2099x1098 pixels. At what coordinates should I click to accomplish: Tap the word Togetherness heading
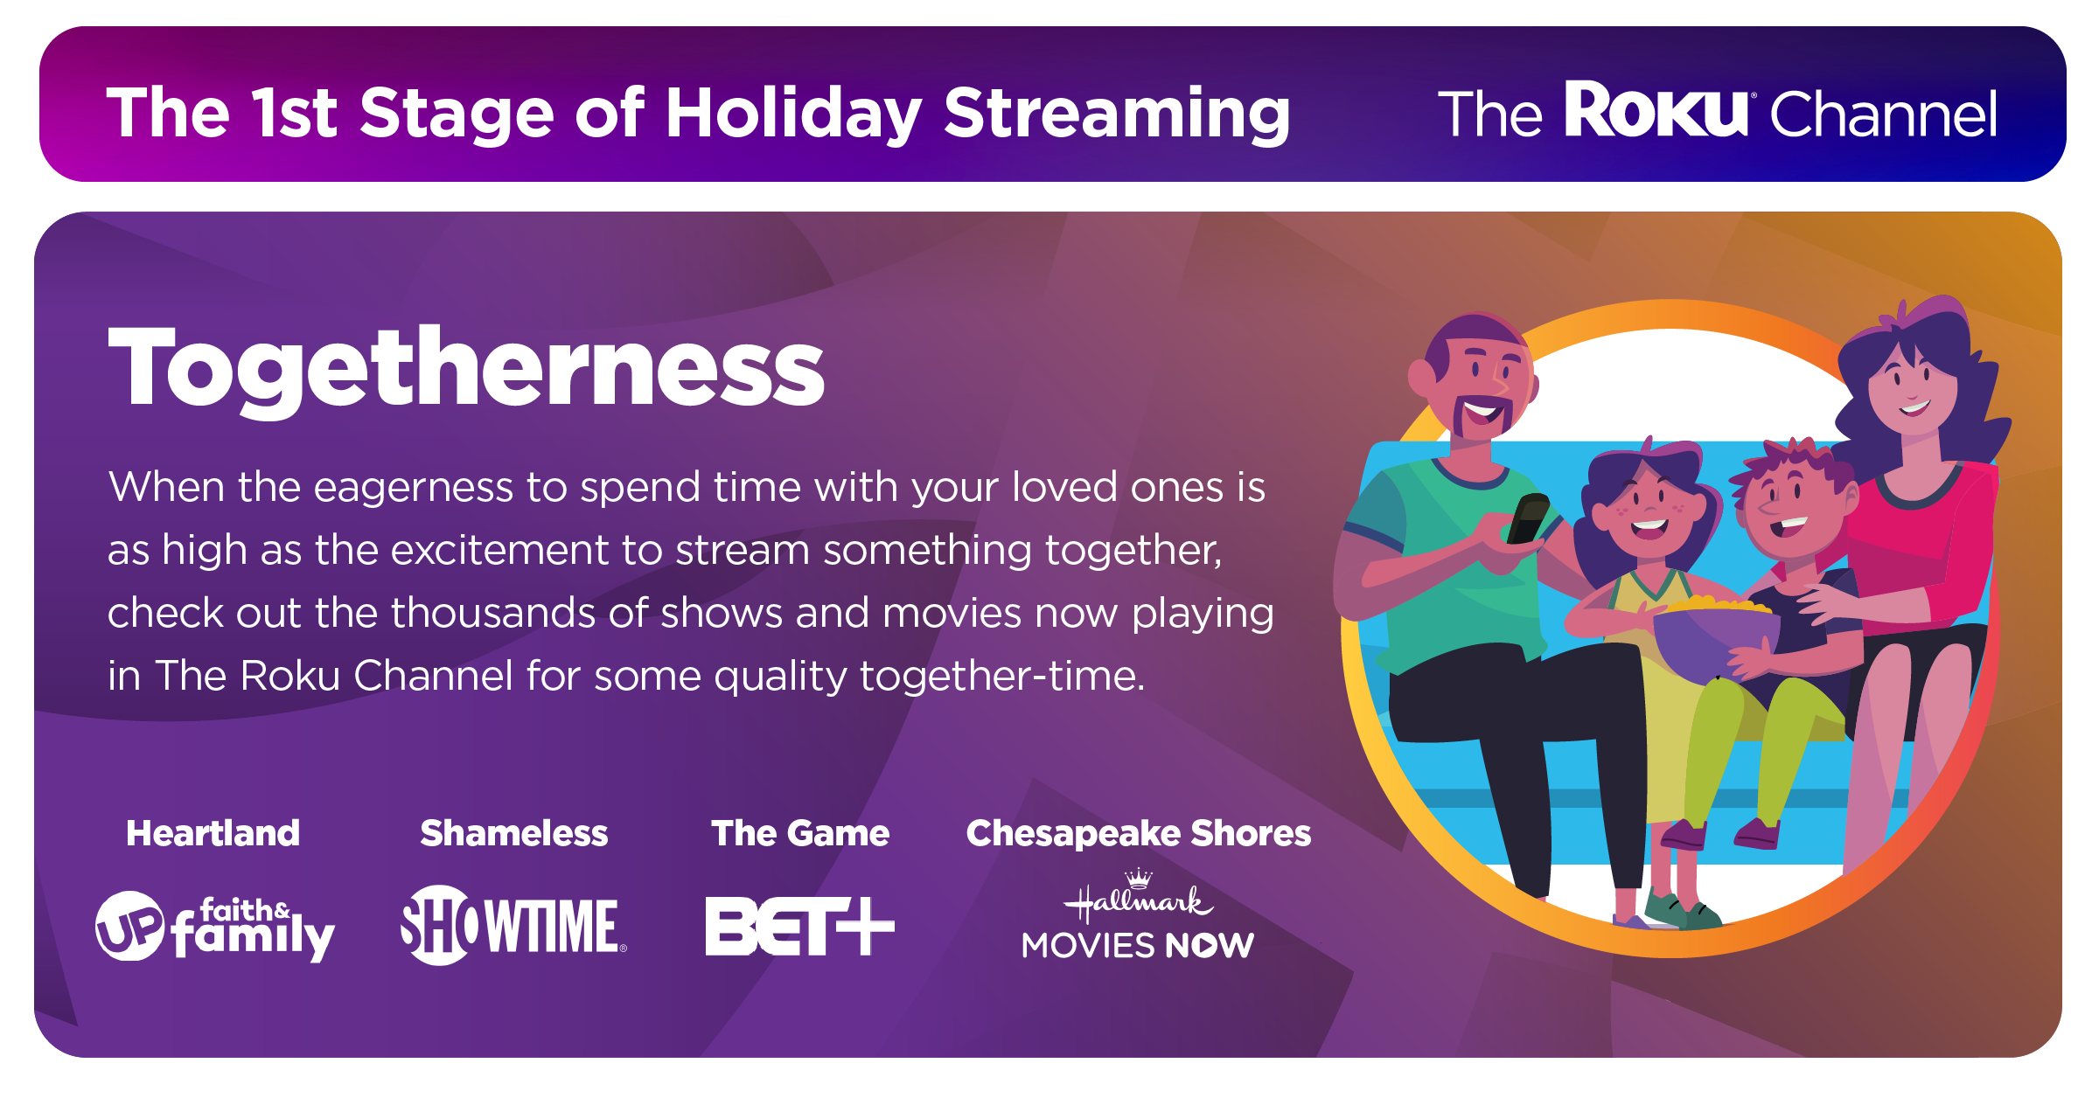point(466,367)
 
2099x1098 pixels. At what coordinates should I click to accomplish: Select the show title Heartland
point(213,833)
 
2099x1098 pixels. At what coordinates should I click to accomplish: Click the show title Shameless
point(513,833)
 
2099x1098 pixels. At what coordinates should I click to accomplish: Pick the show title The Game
point(800,833)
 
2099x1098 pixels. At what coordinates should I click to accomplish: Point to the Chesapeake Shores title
point(1139,834)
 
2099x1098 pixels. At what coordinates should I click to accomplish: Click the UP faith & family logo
point(215,927)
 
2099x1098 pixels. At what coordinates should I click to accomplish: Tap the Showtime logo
point(513,925)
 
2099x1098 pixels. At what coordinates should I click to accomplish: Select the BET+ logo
point(800,926)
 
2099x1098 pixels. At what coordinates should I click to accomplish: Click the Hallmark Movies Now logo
point(1138,915)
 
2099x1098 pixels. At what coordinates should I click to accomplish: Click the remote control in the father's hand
point(1527,518)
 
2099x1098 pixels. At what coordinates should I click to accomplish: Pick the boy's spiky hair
point(1789,463)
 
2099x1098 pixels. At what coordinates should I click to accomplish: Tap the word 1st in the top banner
point(294,113)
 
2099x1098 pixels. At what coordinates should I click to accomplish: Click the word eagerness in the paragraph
point(414,489)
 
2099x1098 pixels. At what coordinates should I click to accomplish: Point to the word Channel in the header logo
point(1884,114)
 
